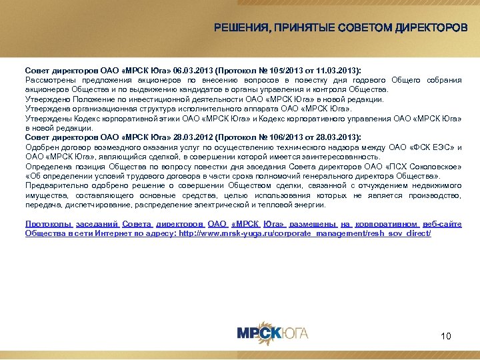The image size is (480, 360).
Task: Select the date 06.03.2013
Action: [191, 69]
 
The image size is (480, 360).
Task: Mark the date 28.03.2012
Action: [191, 137]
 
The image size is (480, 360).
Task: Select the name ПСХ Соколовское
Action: [427, 166]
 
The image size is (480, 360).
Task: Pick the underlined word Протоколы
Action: [47, 225]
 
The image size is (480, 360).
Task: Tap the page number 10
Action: [446, 336]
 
